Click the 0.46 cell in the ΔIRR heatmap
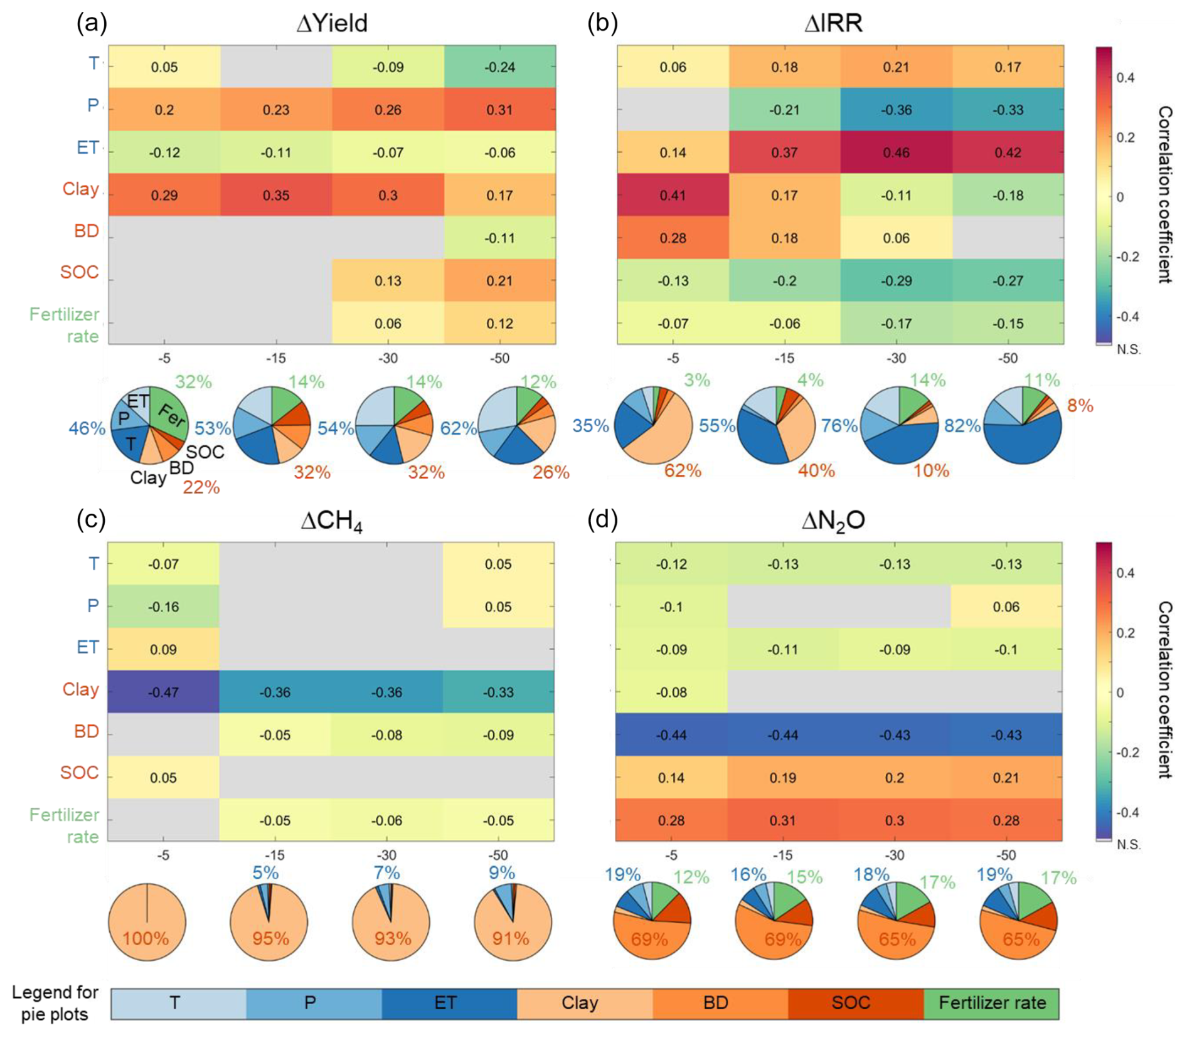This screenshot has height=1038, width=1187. coord(895,152)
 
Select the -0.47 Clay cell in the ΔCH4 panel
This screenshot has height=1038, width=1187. coord(163,692)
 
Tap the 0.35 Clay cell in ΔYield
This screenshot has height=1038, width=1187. coord(276,195)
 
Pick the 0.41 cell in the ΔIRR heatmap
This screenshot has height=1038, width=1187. coord(673,195)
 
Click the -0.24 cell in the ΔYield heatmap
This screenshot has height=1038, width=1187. coord(499,67)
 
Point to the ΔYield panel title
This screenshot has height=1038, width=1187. coord(332,24)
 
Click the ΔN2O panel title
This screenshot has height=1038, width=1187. coord(833,520)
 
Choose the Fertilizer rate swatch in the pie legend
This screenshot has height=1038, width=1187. coord(991,1003)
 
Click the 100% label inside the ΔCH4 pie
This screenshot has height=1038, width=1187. coord(146,938)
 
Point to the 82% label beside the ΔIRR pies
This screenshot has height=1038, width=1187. coord(962,426)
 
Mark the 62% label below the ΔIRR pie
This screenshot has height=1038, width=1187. coord(683,470)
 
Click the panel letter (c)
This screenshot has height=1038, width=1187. coord(91,520)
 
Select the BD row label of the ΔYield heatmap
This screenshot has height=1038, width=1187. coord(86,231)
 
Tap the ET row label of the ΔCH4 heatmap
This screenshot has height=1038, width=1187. coord(88,647)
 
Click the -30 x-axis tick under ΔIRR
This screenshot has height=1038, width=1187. coord(895,358)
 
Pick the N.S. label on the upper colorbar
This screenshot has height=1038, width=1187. coord(1128,350)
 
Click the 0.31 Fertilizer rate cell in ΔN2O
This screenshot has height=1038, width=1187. coord(782,820)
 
